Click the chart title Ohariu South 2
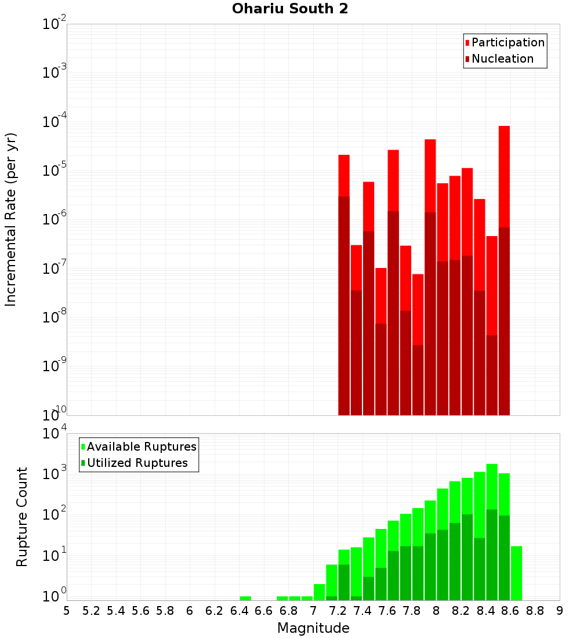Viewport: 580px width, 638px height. (x=290, y=9)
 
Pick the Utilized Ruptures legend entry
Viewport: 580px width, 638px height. (x=136, y=463)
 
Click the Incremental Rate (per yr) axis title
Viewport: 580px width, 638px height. (x=11, y=219)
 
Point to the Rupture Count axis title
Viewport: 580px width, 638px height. (x=22, y=517)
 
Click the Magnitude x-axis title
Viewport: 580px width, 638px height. (x=313, y=628)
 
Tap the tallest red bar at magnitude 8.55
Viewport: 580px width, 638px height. (x=504, y=174)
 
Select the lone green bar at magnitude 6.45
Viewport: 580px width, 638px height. (x=245, y=598)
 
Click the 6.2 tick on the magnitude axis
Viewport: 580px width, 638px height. (x=214, y=611)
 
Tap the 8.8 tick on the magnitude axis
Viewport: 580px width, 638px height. (x=535, y=611)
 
